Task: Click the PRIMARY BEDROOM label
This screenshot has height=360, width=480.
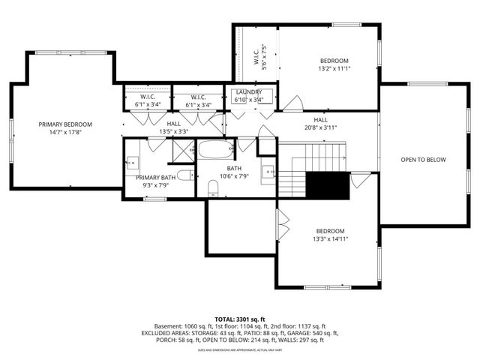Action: (x=66, y=124)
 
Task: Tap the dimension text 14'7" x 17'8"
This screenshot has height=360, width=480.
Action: (x=66, y=132)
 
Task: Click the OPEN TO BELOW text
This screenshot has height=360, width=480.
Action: (x=423, y=160)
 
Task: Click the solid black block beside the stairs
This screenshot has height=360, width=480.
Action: (x=329, y=184)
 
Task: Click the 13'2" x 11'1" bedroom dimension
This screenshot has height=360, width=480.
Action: (x=334, y=69)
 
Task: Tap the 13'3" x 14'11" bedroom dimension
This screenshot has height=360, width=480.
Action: (x=330, y=238)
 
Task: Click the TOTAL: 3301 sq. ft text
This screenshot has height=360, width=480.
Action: (x=240, y=319)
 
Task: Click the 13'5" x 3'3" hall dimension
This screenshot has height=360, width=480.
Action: (x=173, y=131)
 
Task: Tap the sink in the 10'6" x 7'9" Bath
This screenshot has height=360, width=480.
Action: (x=268, y=172)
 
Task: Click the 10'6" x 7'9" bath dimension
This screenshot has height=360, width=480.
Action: (x=234, y=177)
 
